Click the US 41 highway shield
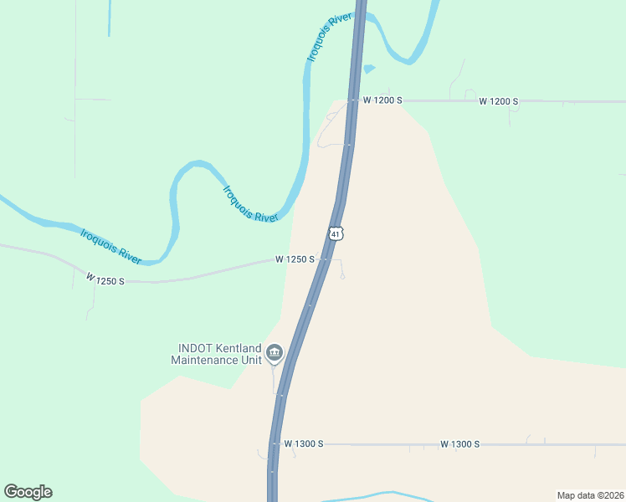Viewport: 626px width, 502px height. (336, 233)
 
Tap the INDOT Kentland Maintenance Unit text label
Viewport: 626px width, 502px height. (216, 354)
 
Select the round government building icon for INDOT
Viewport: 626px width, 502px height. (274, 355)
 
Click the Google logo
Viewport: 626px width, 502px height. (28, 492)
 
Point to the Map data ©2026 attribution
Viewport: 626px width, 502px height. (590, 494)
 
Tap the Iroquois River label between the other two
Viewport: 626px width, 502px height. (250, 203)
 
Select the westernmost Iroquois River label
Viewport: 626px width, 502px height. (111, 245)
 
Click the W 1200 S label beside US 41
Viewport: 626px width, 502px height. (382, 100)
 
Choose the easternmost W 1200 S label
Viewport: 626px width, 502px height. (499, 101)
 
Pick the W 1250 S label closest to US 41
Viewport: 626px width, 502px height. (295, 259)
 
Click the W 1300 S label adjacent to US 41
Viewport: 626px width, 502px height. (303, 443)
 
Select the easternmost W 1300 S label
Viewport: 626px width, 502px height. (459, 443)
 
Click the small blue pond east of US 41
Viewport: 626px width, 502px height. (368, 69)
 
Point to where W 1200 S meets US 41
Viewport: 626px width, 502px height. (354, 100)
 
